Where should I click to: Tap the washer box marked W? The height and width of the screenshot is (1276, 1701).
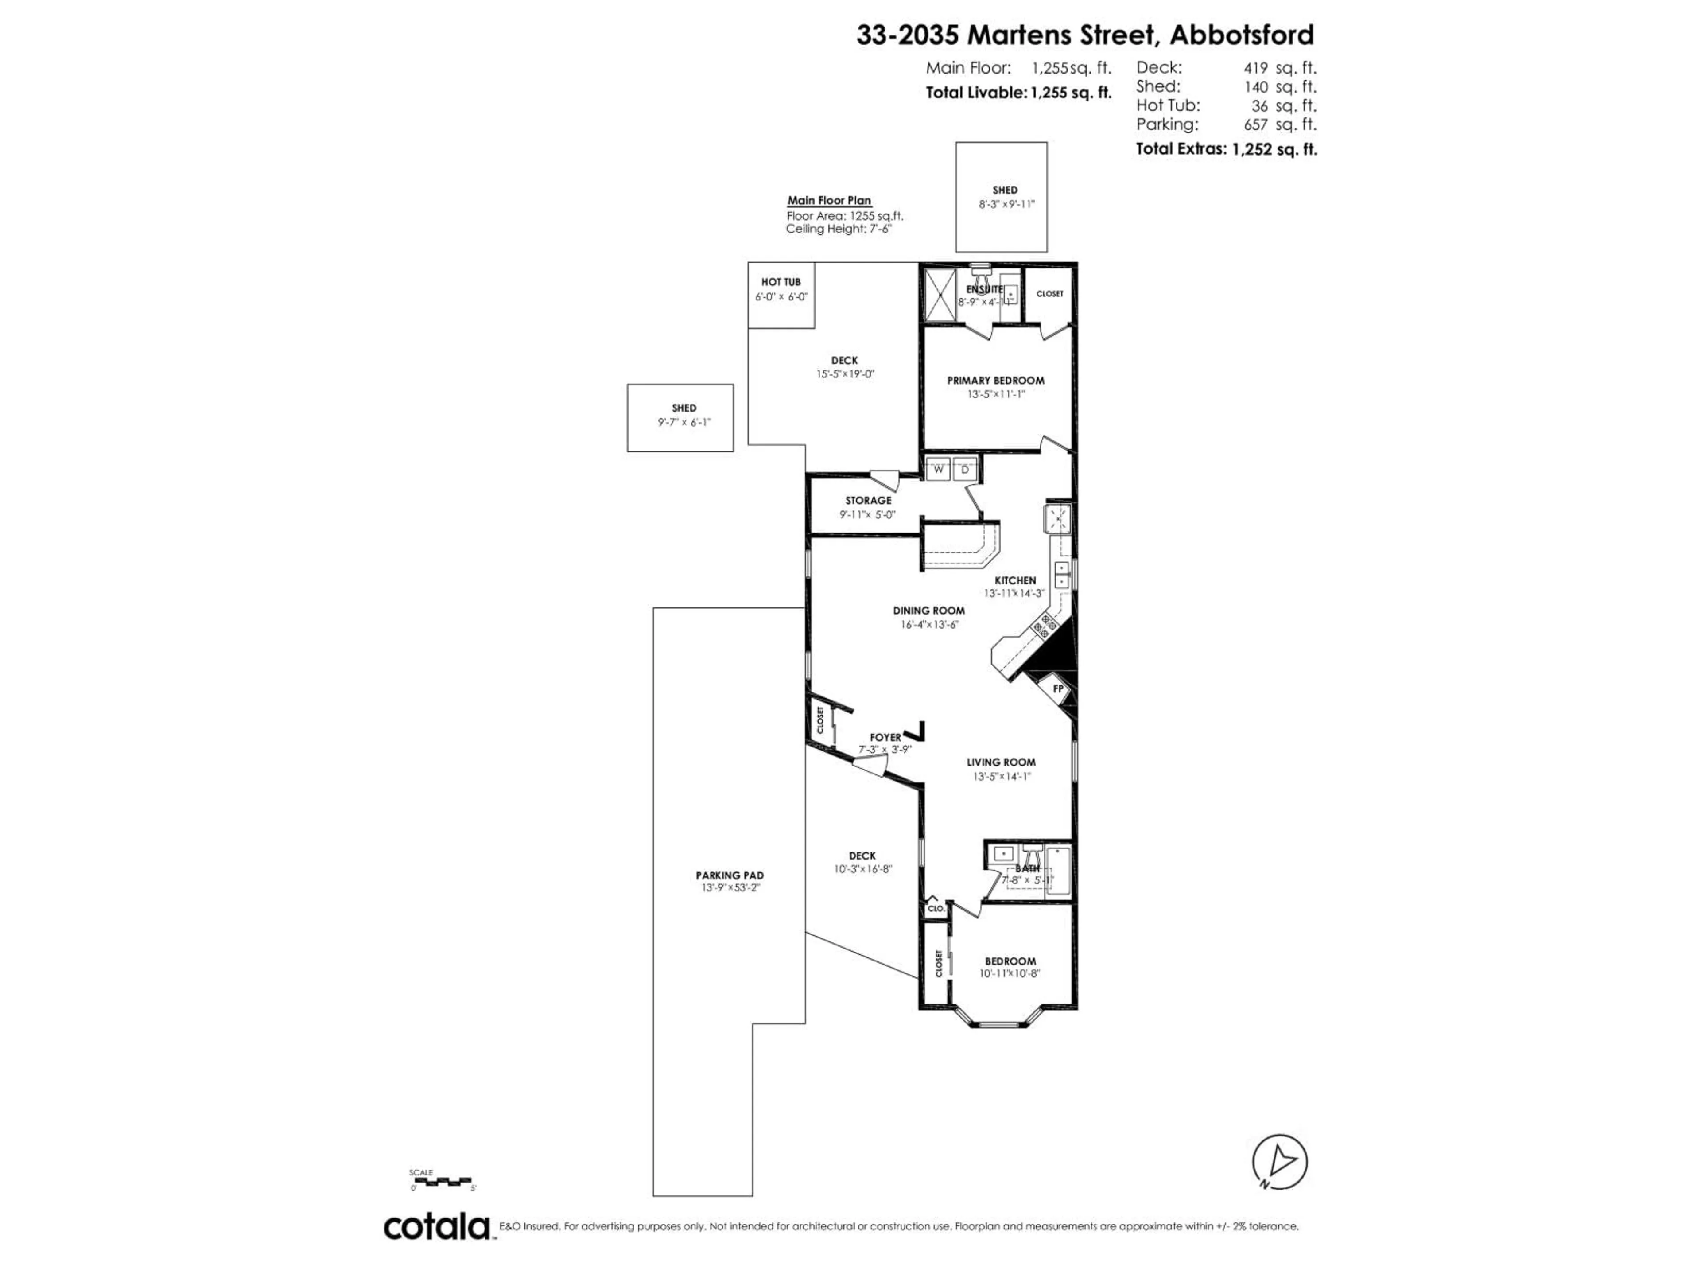pos(937,469)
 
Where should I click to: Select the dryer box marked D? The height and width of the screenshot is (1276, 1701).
pos(965,469)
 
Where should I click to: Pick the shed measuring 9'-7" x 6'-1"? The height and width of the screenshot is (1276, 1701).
pos(680,418)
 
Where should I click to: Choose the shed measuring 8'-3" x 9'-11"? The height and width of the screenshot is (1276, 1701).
pos(1001,197)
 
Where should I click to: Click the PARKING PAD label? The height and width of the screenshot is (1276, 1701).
pos(729,875)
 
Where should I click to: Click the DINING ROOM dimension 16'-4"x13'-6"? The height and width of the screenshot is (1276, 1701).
pos(929,625)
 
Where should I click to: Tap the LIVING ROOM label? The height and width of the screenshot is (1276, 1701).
pos(1001,762)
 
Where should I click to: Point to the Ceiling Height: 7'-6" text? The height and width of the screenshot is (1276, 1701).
pos(838,229)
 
